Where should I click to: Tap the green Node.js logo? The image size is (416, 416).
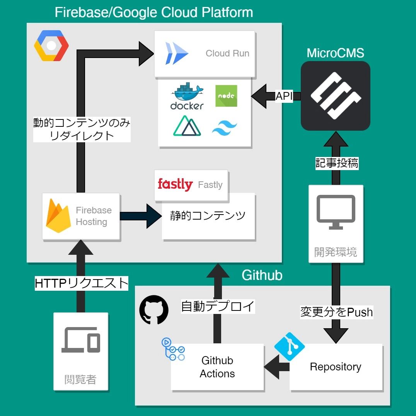[x=226, y=96]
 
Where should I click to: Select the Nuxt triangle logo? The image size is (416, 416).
[x=187, y=126]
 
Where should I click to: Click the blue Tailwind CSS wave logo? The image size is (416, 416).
[x=225, y=127]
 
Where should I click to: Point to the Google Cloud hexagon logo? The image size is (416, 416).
[x=51, y=46]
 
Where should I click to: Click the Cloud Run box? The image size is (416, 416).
[x=205, y=54]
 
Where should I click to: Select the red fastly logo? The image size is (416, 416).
[x=175, y=184]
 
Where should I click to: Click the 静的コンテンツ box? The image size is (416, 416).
[x=208, y=216]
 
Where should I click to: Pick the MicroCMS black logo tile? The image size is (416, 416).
[x=335, y=95]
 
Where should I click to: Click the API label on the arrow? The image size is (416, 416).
[x=284, y=96]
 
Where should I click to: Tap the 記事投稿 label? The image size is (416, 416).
[x=336, y=164]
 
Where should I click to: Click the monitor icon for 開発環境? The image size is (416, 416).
[x=336, y=211]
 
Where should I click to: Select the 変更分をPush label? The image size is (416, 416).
[x=336, y=312]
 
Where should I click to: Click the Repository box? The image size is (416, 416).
[x=336, y=367]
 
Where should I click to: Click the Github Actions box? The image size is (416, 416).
[x=217, y=367]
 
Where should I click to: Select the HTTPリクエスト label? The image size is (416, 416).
[x=81, y=283]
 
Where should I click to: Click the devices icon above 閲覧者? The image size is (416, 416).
[x=81, y=340]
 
